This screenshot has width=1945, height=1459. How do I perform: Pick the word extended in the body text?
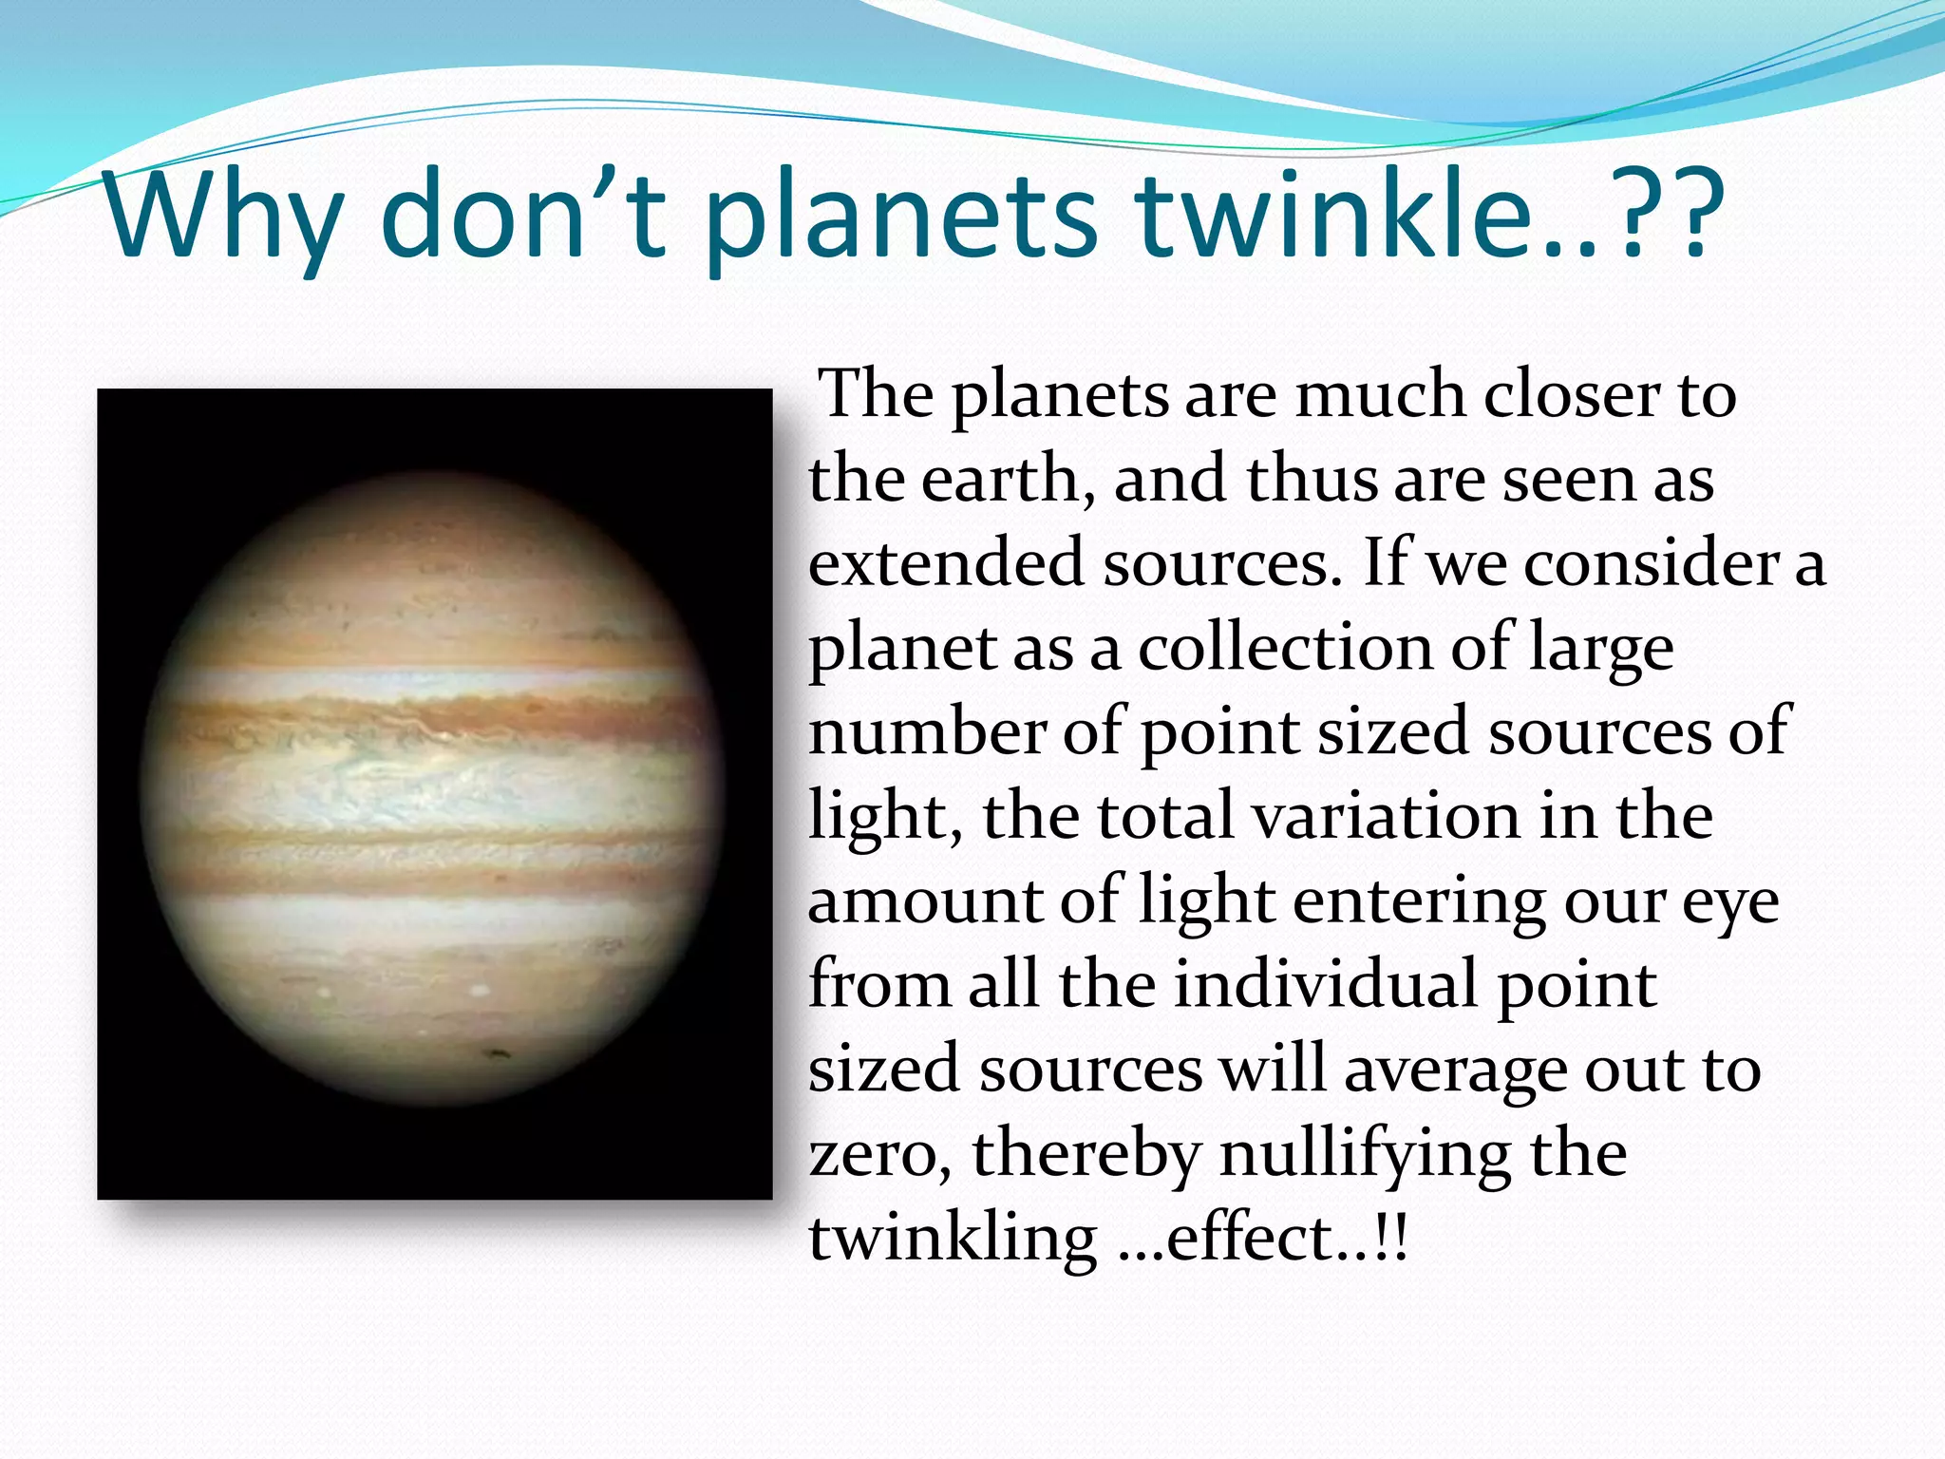tap(946, 561)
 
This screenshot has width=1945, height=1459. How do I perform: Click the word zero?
tap(878, 1153)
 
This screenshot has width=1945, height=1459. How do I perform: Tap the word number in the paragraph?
tap(925, 731)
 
